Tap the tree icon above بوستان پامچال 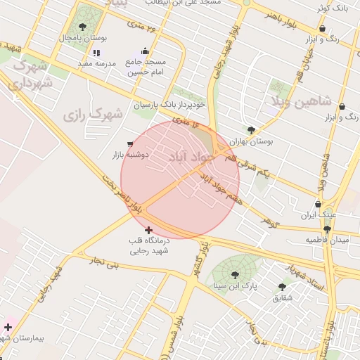(x=82, y=27)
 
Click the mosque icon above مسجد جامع (x=145, y=51)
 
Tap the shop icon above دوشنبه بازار (x=131, y=143)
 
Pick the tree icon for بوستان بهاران (x=252, y=130)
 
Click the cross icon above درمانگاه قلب (x=148, y=230)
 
